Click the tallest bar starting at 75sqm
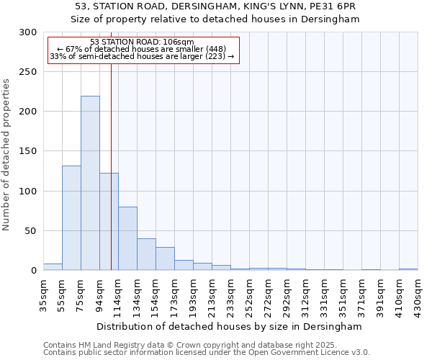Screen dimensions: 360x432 pos(90,183)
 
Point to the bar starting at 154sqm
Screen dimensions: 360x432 pos(165,258)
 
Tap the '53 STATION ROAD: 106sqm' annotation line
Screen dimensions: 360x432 pos(143,42)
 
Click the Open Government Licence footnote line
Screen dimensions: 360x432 pos(207,353)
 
